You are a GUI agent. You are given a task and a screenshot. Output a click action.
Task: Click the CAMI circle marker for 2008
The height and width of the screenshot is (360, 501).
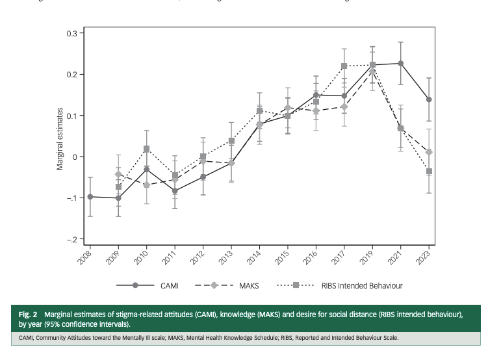90,196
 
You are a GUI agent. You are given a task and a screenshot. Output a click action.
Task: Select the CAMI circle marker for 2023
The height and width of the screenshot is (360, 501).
429,99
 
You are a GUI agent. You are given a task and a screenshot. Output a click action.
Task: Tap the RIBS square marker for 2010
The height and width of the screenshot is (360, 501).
147,149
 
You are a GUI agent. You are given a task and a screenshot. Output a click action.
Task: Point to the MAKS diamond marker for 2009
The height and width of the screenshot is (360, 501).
119,174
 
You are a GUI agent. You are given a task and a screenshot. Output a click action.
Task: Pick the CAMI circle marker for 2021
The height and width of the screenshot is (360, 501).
401,63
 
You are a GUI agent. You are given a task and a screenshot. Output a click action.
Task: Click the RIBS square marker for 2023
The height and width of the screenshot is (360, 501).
429,172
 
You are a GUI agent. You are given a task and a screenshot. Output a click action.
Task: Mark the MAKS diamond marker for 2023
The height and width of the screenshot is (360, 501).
429,152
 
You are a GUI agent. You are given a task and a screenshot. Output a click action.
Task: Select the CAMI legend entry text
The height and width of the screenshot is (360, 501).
171,285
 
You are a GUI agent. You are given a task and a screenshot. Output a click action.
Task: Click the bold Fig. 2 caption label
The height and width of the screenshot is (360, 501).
28,315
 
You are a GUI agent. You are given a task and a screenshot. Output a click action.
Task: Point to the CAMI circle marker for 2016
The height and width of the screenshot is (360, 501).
316,95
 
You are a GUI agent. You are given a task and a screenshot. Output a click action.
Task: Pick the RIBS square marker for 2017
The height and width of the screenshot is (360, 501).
344,66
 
